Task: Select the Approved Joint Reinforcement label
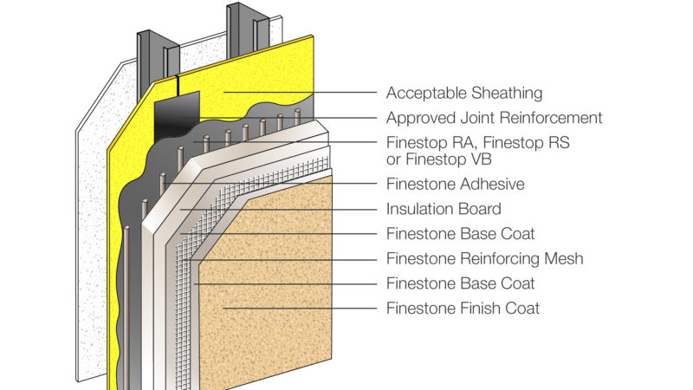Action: [494, 117]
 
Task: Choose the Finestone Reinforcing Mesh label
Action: [484, 258]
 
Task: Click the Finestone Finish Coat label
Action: [463, 308]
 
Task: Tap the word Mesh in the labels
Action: [562, 258]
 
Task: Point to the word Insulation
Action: [418, 209]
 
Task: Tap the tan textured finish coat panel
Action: [269, 286]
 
